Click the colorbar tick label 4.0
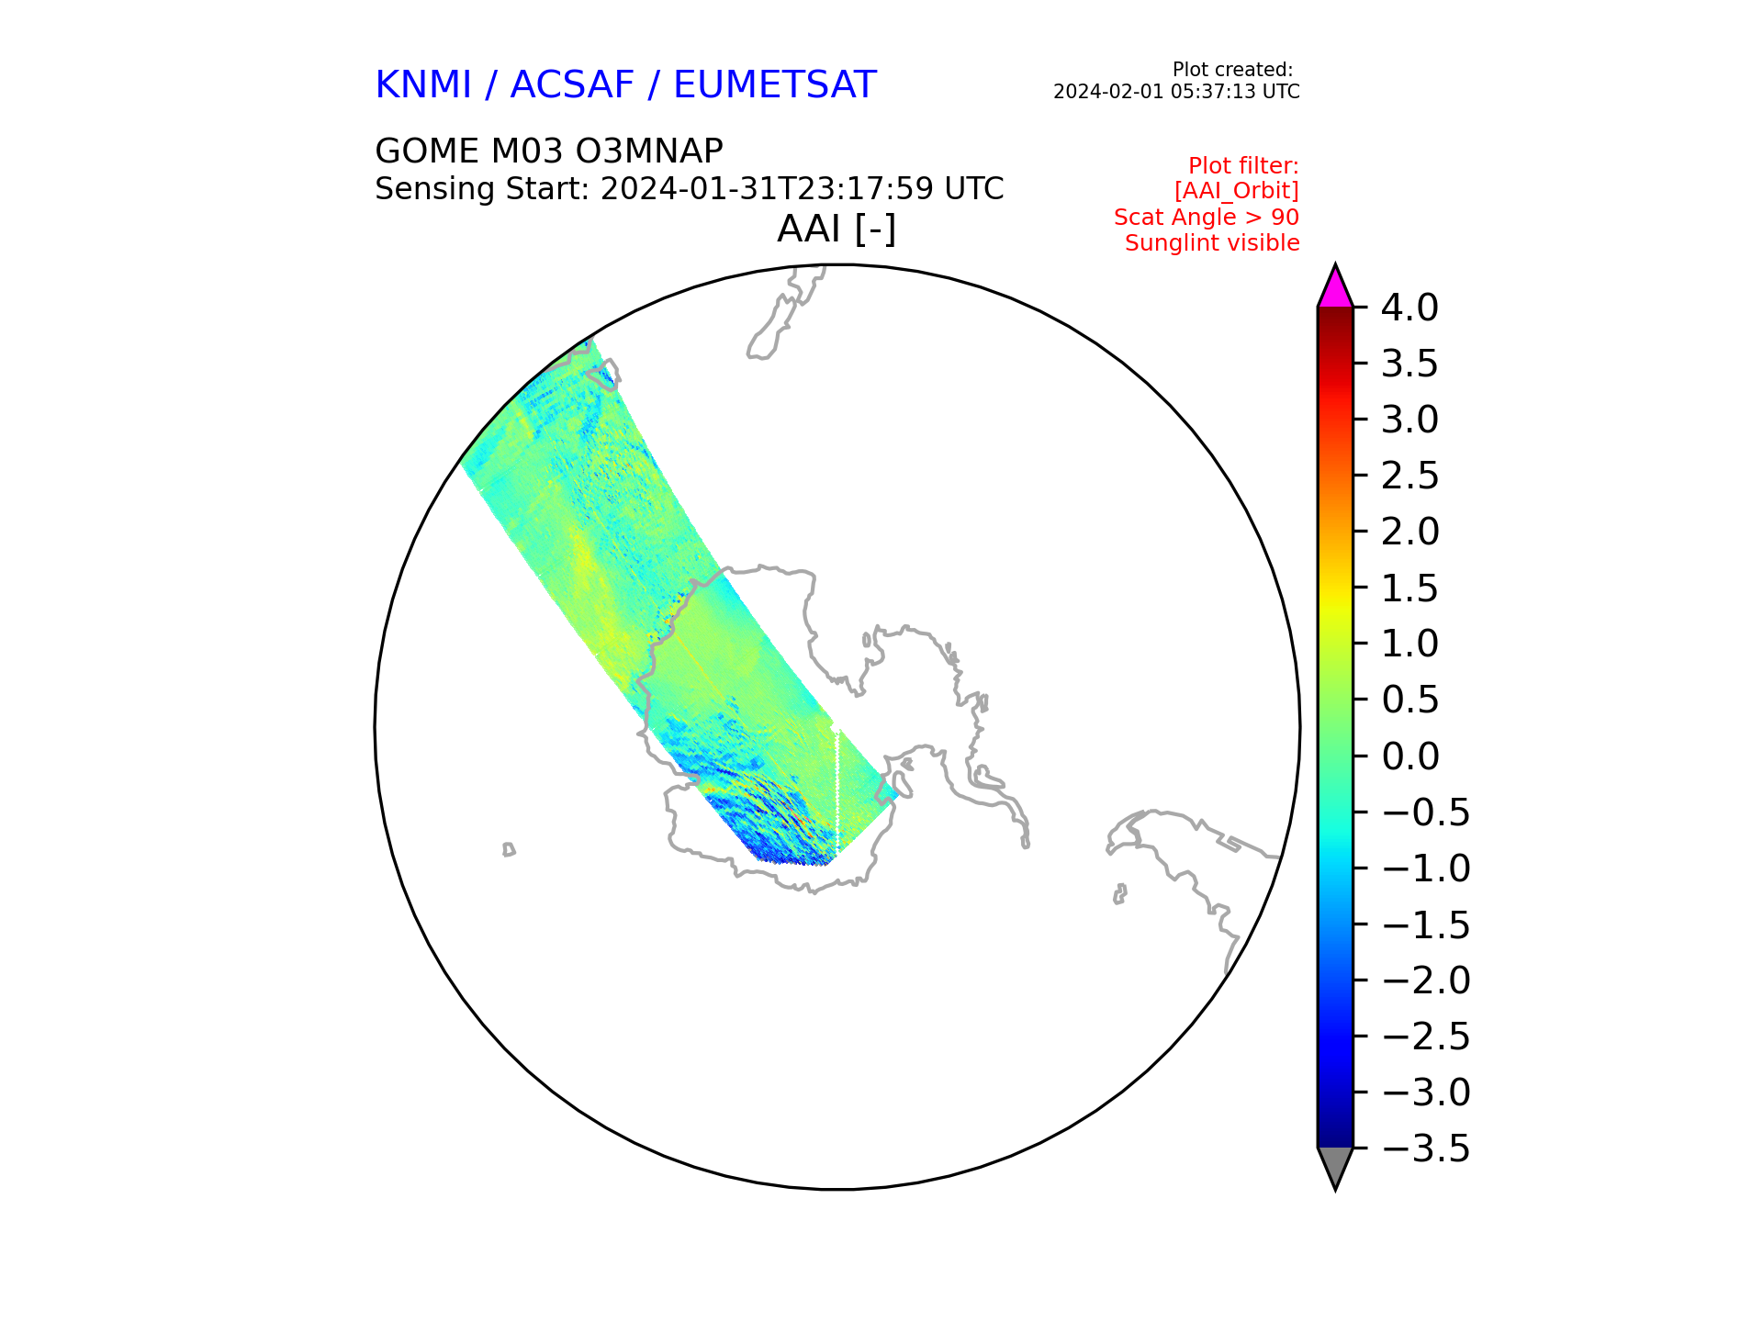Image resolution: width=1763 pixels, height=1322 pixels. (1409, 308)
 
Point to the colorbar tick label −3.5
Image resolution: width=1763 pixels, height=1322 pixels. (1425, 1148)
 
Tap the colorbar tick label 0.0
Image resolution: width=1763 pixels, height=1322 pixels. (1409, 756)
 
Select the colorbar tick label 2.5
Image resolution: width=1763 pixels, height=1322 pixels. (1409, 476)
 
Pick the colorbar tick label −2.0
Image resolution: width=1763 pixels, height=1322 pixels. (1425, 980)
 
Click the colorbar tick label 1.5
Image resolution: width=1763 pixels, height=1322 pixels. (1409, 588)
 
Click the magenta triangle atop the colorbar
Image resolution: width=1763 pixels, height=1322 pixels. (1335, 288)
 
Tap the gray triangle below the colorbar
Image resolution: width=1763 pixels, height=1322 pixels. (1335, 1167)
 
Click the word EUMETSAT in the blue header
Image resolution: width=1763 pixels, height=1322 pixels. (775, 85)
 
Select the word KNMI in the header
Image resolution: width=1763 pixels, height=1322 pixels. (423, 85)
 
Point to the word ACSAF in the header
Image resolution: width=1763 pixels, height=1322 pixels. (572, 85)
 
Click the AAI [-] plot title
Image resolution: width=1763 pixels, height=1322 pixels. (837, 229)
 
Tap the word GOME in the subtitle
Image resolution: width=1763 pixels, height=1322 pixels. (427, 151)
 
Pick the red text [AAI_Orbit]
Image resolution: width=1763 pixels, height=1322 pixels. (1236, 191)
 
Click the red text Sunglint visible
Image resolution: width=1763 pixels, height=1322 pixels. (1212, 243)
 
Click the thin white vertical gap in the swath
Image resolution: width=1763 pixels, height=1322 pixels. (837, 788)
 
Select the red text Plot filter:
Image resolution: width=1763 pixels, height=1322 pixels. (1243, 166)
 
